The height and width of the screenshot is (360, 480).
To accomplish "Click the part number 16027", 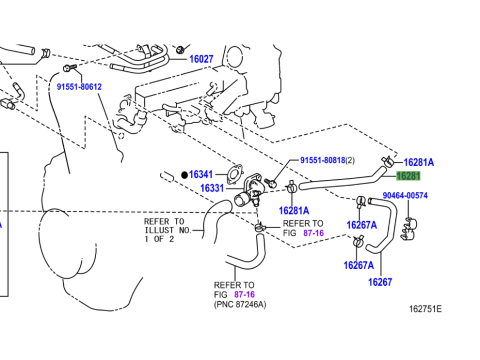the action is point(201,59).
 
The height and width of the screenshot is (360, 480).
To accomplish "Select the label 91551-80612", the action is point(79,87).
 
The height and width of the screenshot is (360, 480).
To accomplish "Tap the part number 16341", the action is point(201,174).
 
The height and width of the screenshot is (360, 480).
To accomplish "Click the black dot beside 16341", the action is point(184,175).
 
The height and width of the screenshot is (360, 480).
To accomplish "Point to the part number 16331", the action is point(212,188).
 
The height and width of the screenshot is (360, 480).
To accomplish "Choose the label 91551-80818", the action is point(323,160).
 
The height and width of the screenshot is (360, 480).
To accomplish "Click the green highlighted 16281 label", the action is point(408,176).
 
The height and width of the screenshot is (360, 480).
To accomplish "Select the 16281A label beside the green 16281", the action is point(419,162).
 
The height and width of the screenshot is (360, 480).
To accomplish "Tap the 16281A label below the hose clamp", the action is point(294,211).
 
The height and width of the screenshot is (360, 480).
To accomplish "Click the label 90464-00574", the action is point(405,195).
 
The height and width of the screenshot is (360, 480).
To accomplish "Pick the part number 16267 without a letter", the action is point(380,282).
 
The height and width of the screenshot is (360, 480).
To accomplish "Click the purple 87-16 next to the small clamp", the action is point(313,233).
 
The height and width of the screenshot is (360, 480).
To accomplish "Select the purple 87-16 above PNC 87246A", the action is point(244,294).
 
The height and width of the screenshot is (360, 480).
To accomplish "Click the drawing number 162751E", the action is point(425,309).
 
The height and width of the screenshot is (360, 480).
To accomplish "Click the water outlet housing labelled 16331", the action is point(247,191).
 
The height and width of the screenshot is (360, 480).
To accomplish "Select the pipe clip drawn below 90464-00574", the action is point(408,229).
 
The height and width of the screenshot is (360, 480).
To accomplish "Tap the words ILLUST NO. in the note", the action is point(168,230).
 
